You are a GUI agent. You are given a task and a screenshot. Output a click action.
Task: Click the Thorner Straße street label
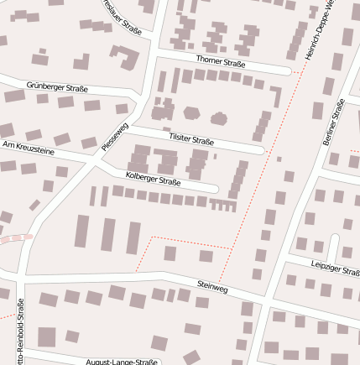point(220,61)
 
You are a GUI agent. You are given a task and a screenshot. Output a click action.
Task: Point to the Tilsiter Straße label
point(191,138)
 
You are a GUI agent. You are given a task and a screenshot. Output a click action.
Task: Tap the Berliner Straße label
point(333,123)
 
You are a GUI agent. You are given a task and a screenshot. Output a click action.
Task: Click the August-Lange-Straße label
point(122,362)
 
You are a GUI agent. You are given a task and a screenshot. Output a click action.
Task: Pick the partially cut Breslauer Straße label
point(123,15)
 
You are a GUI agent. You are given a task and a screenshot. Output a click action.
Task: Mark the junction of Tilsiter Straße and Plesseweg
point(126,128)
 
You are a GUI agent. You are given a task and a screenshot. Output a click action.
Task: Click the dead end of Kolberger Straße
point(217,188)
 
